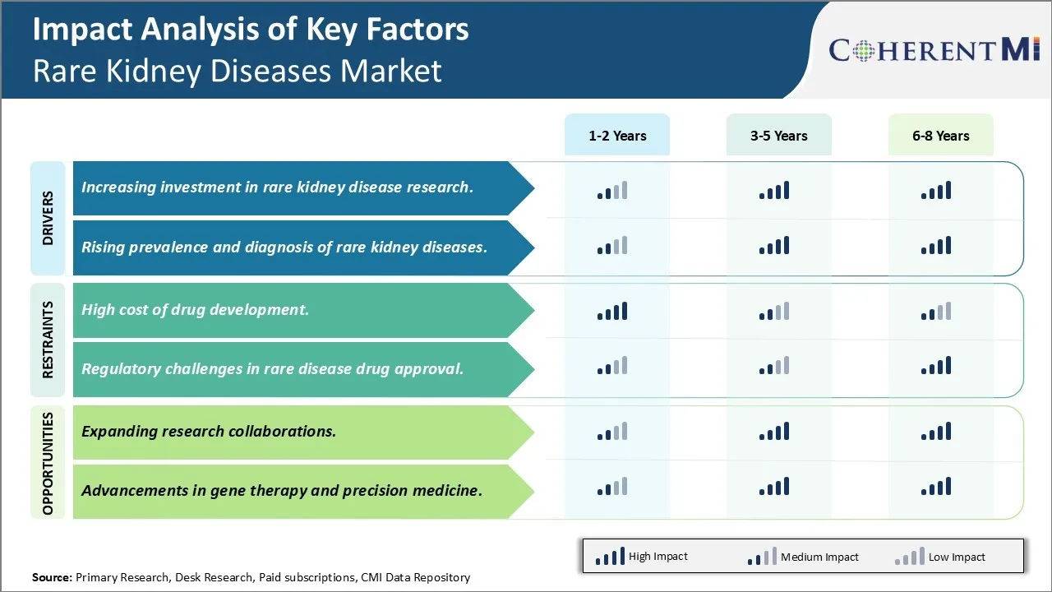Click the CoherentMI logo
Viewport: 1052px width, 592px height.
tap(934, 50)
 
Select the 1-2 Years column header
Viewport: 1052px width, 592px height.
tap(617, 136)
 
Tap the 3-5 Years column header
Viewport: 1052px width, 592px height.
tap(778, 136)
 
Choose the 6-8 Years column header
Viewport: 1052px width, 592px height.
tap(940, 136)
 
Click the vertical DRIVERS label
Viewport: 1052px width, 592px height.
tap(48, 219)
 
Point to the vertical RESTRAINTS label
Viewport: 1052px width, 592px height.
tap(48, 340)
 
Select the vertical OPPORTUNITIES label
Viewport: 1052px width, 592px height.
tap(48, 463)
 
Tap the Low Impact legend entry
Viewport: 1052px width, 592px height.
tap(940, 557)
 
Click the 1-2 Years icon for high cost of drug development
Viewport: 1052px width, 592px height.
tap(612, 312)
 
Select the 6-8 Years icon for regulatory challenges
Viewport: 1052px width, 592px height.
tap(936, 366)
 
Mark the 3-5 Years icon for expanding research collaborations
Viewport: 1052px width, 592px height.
tap(774, 432)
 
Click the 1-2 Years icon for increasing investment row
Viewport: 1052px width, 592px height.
tap(612, 191)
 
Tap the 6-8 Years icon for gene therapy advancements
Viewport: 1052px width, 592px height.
tap(936, 487)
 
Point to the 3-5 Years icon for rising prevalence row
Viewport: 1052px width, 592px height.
tap(774, 246)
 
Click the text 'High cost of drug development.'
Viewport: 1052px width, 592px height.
tap(195, 310)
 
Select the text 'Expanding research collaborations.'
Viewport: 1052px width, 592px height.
tap(209, 431)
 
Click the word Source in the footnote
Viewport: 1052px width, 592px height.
tap(52, 577)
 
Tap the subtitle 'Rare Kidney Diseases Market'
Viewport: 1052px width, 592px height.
tap(237, 71)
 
